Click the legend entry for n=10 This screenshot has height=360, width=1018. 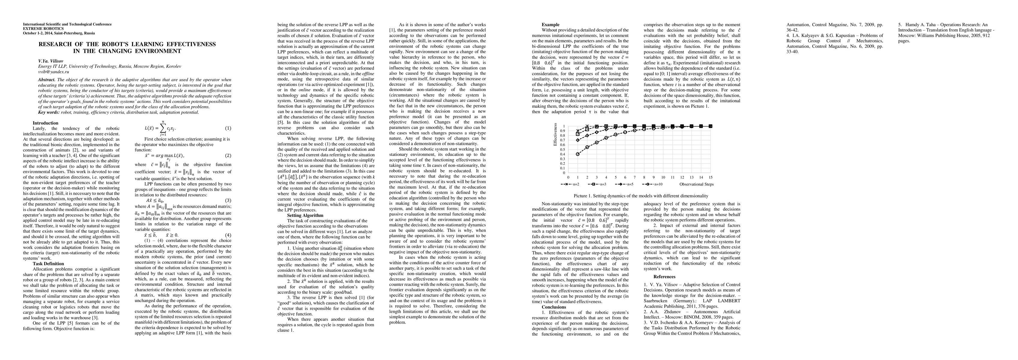pyautogui.click(x=654, y=184)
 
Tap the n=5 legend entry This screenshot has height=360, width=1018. pyautogui.click(x=627, y=184)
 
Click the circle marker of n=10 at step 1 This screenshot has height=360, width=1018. pyautogui.click(x=578, y=154)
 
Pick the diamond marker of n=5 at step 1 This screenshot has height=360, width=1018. pyautogui.click(x=578, y=140)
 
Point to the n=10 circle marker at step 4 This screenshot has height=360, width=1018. pyautogui.click(x=606, y=138)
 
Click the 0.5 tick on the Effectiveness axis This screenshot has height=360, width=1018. pyautogui.click(x=564, y=149)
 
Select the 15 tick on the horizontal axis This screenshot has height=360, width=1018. pyautogui.click(x=711, y=177)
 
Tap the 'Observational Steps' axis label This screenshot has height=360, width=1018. pyautogui.click(x=696, y=184)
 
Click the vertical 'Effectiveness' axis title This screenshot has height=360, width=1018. pyautogui.click(x=555, y=134)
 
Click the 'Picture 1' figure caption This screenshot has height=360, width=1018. pyautogui.click(x=640, y=196)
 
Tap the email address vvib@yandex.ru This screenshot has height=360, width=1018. pyautogui.click(x=54, y=72)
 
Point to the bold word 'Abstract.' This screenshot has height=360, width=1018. pyautogui.click(x=47, y=80)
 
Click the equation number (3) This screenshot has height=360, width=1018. pyautogui.click(x=228, y=201)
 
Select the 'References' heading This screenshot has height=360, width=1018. pyautogui.click(x=664, y=277)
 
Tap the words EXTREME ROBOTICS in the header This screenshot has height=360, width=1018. pyautogui.click(x=43, y=29)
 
